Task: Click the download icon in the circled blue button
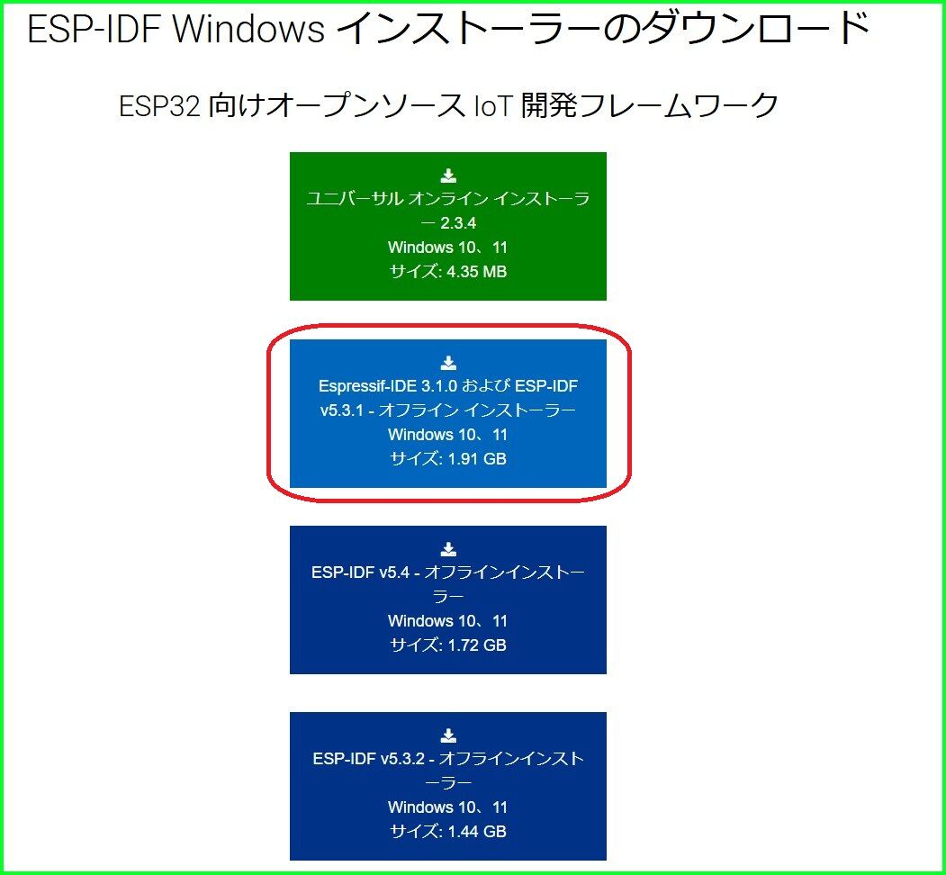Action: point(448,363)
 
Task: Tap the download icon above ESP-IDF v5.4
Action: point(448,549)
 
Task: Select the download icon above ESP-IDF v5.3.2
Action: point(448,735)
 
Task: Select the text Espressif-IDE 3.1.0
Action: point(389,386)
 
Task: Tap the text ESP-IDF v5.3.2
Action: point(365,759)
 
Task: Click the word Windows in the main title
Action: point(248,31)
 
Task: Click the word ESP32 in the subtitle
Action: point(159,106)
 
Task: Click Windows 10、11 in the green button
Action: point(447,247)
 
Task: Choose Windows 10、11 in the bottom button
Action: point(447,807)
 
